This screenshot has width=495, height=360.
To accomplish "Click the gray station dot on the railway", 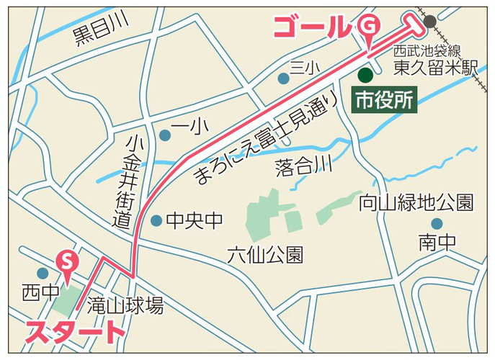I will point(430,21).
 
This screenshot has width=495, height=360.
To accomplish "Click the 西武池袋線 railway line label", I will point(427,51).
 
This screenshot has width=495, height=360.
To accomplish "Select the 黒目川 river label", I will point(101,32).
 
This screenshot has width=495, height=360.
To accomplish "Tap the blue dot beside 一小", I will point(165,135).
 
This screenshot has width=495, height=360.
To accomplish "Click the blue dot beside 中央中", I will point(156,220).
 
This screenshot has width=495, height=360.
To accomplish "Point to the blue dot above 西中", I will point(43,273).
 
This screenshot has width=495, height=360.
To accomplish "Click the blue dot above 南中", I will point(436,224).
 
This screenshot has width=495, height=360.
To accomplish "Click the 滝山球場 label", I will point(125,305).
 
